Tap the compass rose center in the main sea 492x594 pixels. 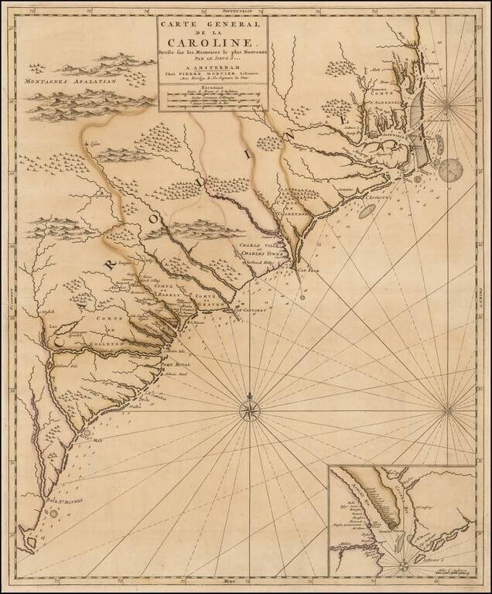click(x=251, y=408)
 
